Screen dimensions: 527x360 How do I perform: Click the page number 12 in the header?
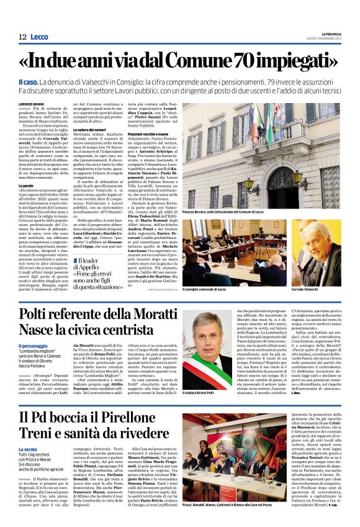[x=22, y=37]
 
